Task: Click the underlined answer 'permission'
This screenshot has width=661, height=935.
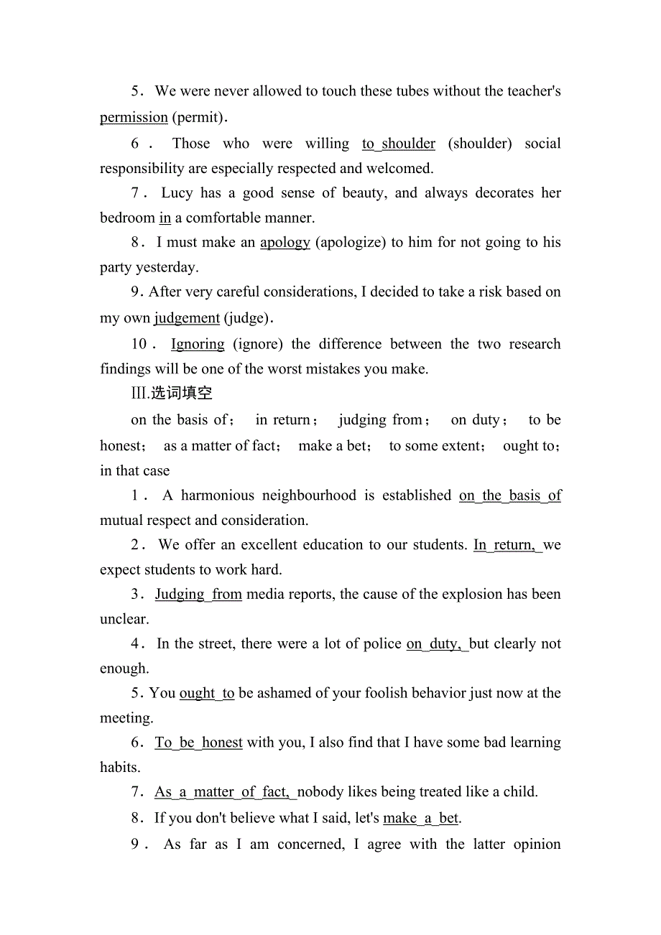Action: point(134,117)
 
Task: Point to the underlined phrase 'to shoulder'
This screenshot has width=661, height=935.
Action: point(399,144)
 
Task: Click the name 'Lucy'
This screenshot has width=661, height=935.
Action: point(177,192)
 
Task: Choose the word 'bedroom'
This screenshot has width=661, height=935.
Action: point(127,218)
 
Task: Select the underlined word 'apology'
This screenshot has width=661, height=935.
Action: point(285,242)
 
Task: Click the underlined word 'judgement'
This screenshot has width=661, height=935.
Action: point(187,317)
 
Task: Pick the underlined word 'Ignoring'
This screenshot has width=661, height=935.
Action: point(198,344)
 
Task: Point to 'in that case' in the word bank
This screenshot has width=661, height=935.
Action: point(135,471)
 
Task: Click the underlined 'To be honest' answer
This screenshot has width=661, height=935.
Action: point(199,743)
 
